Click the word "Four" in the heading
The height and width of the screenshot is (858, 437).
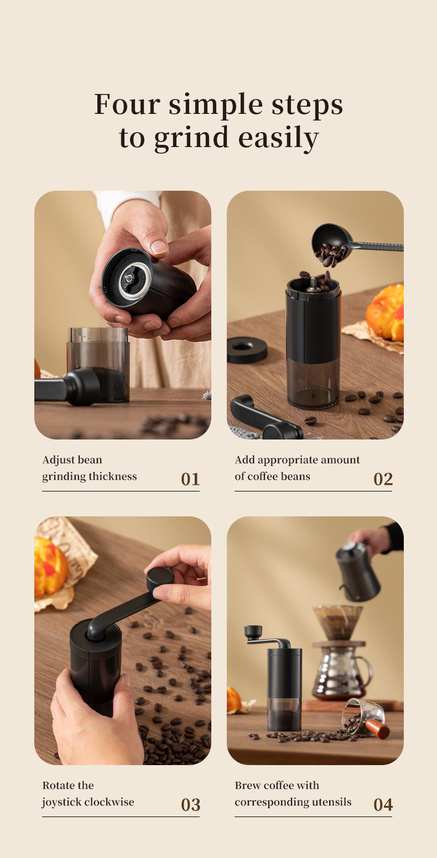click(126, 104)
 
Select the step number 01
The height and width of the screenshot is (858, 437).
click(190, 479)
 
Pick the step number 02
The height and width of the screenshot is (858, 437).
click(383, 479)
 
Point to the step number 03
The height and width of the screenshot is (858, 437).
click(190, 804)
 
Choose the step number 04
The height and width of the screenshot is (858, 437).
click(383, 804)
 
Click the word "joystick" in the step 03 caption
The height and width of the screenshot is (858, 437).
click(64, 802)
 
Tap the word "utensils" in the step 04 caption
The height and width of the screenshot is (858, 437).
click(331, 802)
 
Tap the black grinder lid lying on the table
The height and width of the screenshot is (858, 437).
click(247, 349)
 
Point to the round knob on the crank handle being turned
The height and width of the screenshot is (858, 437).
click(160, 578)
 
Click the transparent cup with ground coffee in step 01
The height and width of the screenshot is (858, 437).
click(98, 365)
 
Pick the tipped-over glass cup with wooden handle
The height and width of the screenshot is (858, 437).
click(363, 718)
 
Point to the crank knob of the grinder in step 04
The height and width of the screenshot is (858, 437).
click(253, 631)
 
